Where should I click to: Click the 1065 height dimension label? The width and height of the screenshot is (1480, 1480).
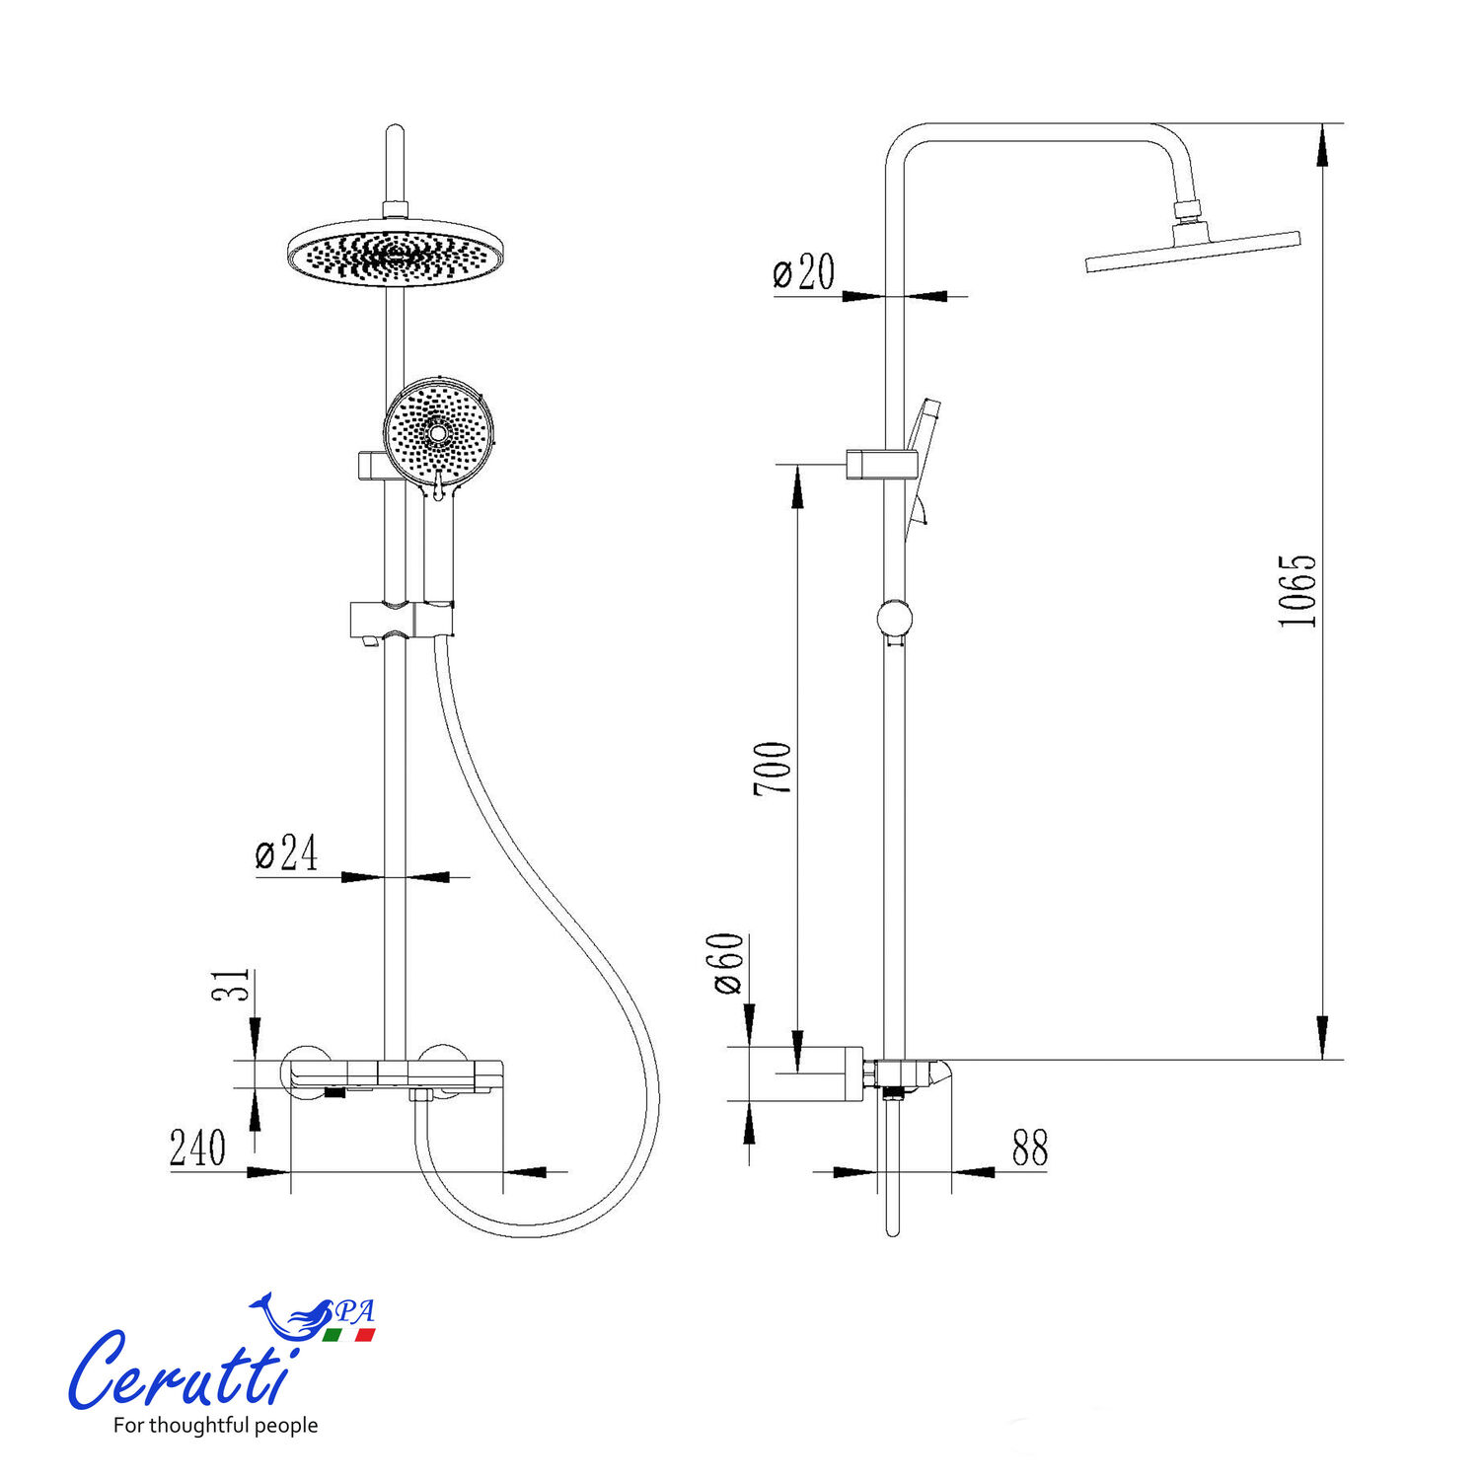1297,591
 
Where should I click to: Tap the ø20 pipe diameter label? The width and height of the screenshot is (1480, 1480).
804,272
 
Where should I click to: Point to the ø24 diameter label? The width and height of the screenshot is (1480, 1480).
287,853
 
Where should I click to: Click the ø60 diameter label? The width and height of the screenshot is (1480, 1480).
729,963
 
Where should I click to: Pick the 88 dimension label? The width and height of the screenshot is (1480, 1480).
1029,1147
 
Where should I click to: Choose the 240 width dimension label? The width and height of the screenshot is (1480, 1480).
197,1148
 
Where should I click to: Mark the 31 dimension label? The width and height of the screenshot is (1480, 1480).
231,984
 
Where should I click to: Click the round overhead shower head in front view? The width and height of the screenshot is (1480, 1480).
395,253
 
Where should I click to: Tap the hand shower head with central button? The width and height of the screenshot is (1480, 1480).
436,432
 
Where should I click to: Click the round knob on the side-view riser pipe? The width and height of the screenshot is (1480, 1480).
894,619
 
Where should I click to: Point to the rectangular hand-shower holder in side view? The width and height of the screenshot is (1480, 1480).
882,464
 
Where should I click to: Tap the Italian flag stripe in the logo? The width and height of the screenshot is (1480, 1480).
349,1335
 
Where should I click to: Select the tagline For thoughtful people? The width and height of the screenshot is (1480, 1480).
215,1425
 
